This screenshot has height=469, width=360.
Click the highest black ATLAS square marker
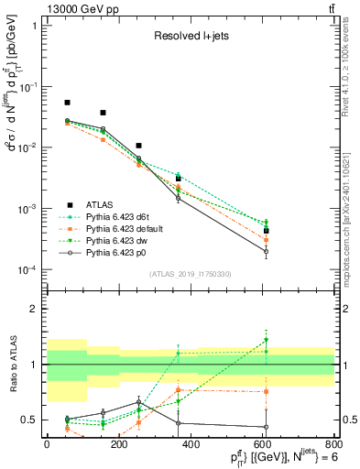[x=67, y=103]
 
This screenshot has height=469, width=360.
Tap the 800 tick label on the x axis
[x=333, y=442]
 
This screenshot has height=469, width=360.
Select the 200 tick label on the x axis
[x=118, y=442]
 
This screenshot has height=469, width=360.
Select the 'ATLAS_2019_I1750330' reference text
[x=190, y=274]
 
